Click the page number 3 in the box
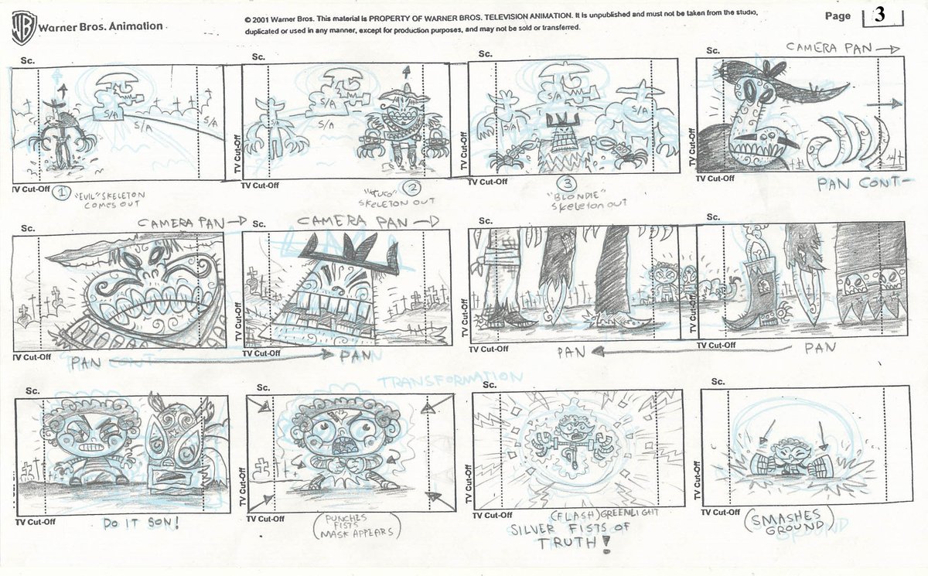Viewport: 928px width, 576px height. [x=881, y=15]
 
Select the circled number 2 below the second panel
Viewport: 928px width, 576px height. [x=415, y=188]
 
